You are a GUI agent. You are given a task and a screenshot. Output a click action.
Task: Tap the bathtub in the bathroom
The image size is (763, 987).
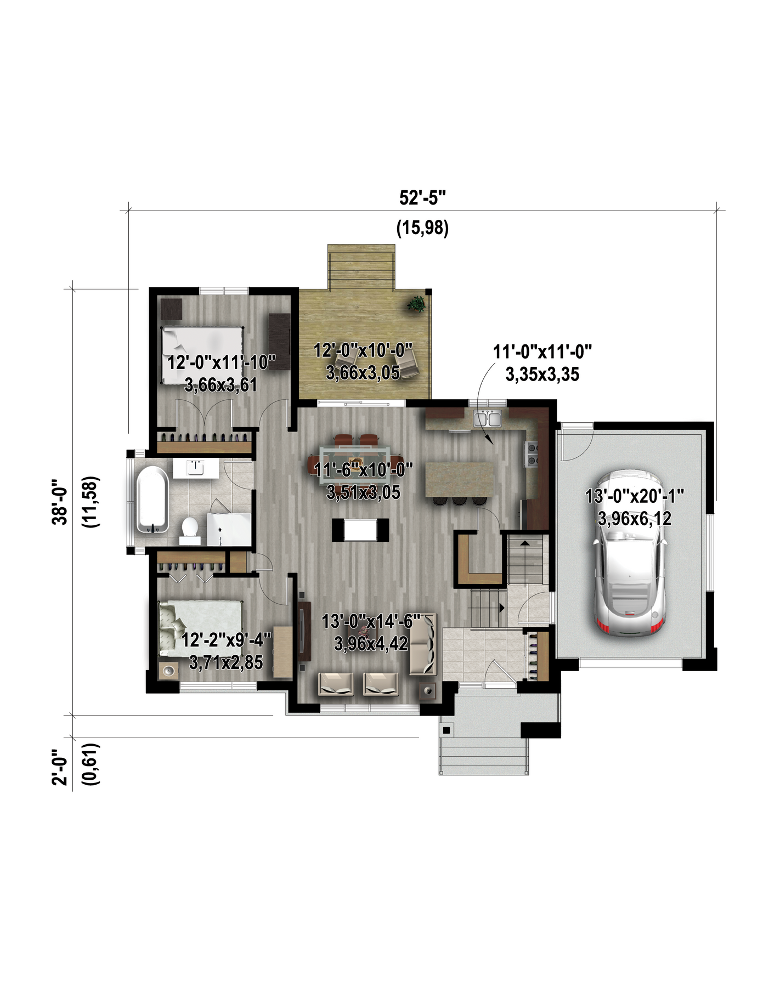point(152,500)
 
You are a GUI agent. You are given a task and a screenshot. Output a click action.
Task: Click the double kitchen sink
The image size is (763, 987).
point(488,419)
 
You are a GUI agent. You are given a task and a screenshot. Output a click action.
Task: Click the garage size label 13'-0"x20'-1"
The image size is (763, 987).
point(635,496)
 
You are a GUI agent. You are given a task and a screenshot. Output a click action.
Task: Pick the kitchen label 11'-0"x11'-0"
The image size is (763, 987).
point(542,351)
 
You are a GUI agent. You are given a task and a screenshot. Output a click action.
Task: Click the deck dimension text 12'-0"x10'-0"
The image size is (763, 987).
point(363,350)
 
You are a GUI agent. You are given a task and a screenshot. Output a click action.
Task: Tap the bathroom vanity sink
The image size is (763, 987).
point(195,468)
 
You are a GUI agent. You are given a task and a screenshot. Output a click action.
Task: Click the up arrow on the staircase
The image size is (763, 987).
point(525,543)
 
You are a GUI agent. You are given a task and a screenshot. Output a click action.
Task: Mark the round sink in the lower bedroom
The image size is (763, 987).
point(169,671)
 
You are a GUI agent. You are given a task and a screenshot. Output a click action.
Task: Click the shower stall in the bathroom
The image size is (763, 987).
point(229,530)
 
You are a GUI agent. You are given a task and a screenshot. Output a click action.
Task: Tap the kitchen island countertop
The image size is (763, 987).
point(459,479)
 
